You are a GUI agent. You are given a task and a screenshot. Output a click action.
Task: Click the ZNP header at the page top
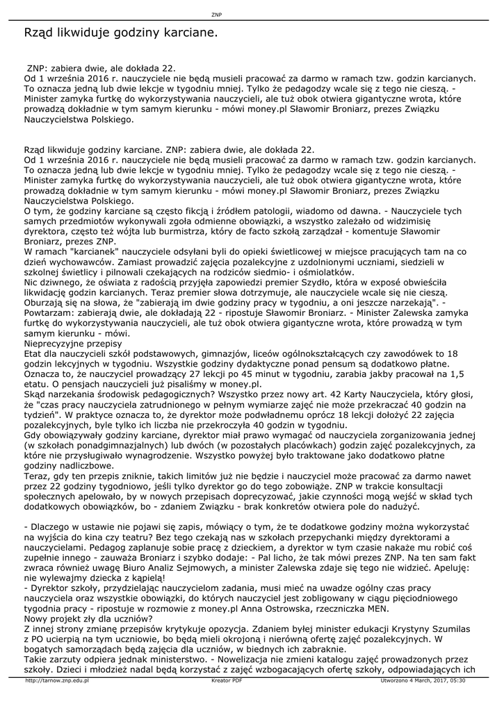pyautogui.click(x=216, y=15)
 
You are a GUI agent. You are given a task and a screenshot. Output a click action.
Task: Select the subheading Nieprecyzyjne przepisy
pyautogui.click(x=73, y=344)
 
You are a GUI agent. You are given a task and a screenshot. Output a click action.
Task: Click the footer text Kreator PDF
pyautogui.click(x=227, y=680)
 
